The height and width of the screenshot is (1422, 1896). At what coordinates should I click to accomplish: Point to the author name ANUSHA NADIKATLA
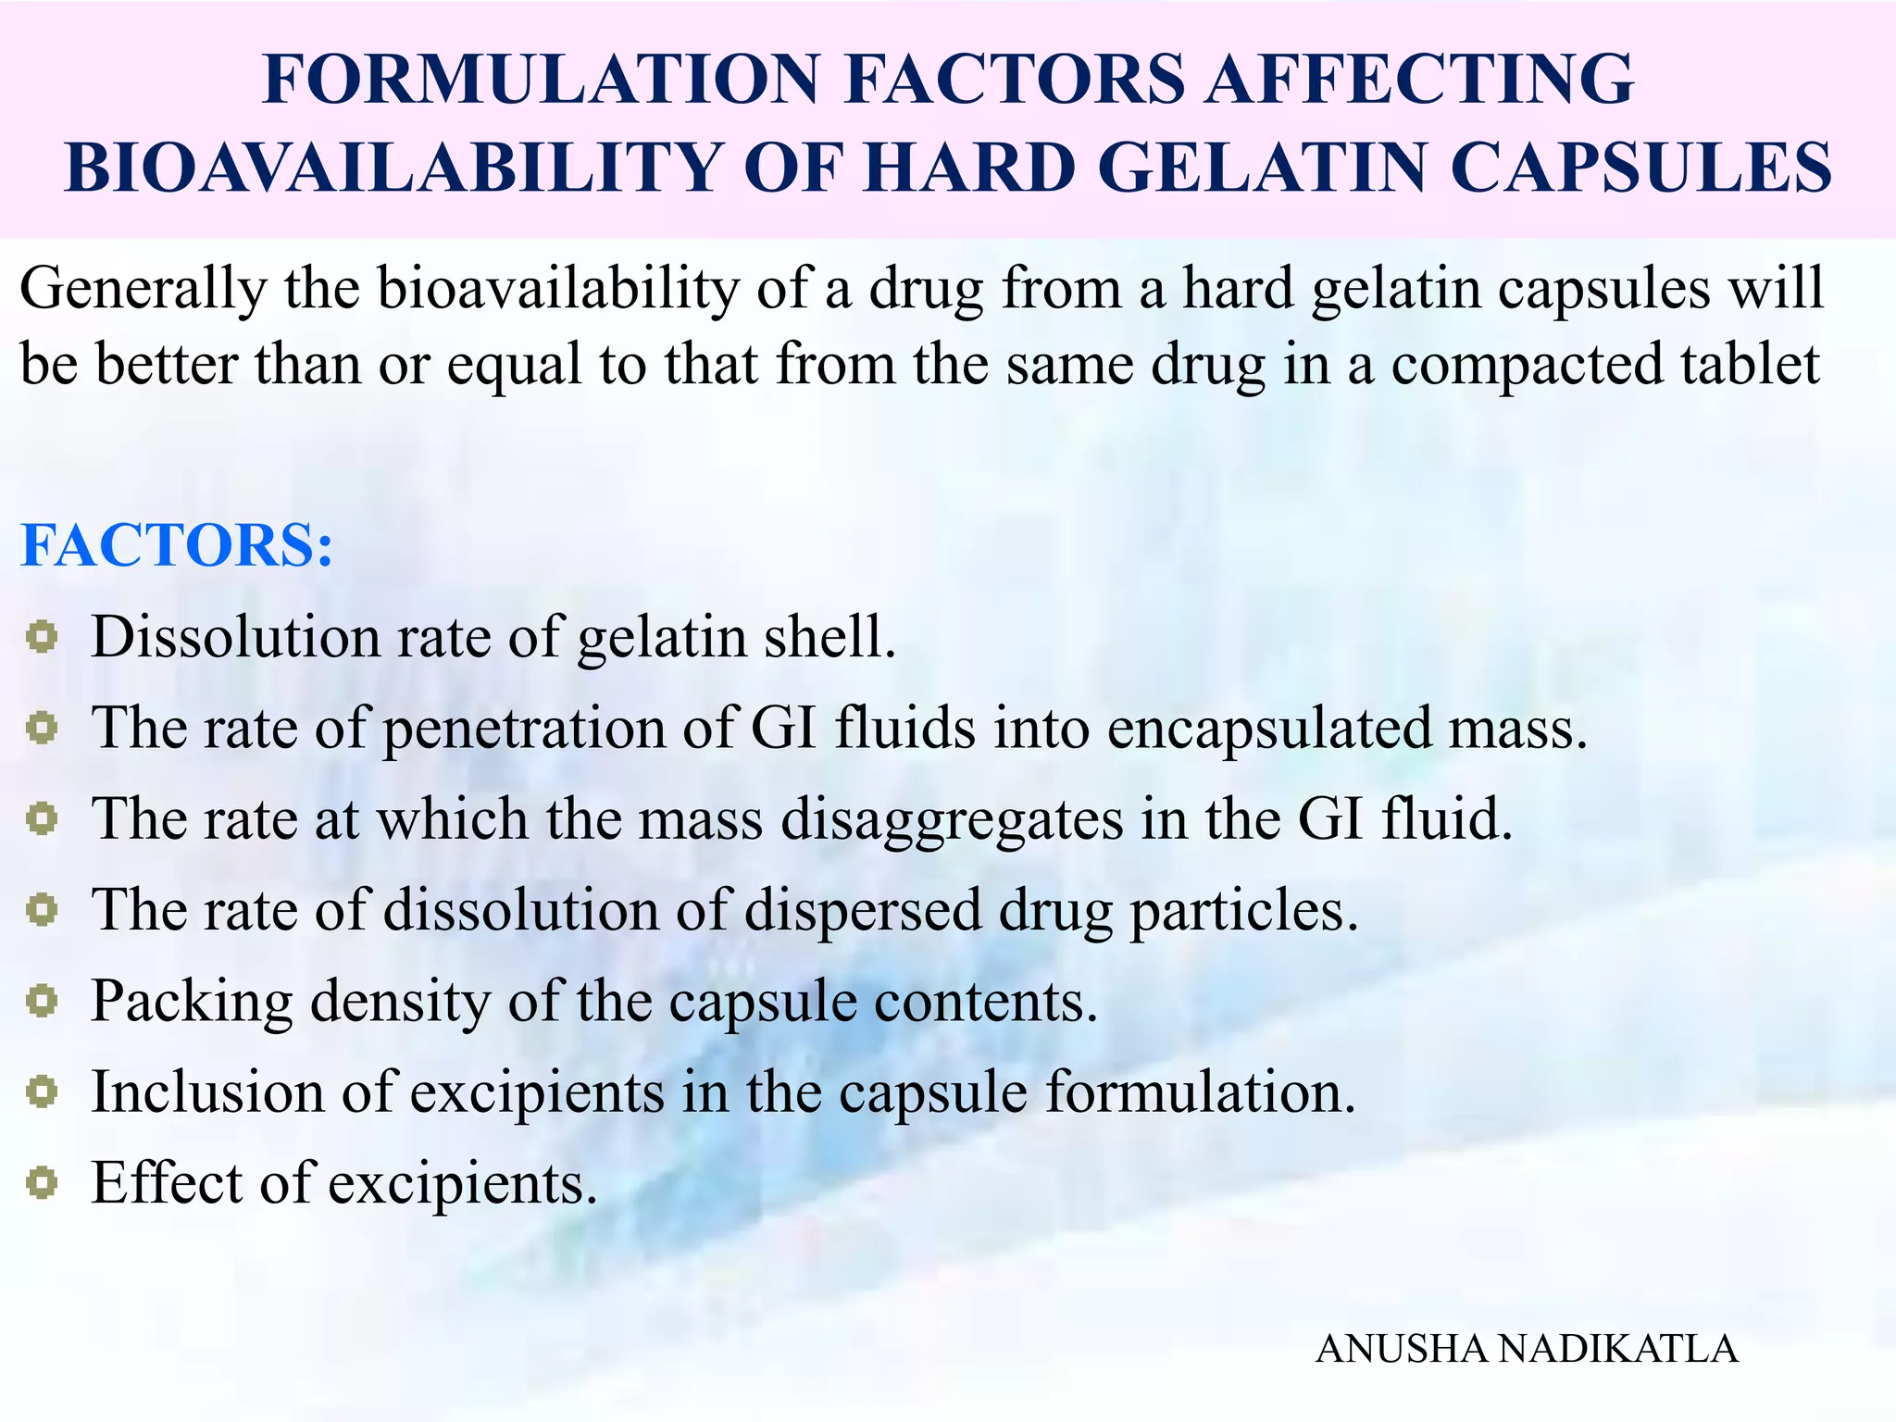(x=1527, y=1349)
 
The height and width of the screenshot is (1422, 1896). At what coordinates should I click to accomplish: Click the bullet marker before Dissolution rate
(x=42, y=637)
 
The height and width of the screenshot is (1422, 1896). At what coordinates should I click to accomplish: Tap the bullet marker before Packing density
(x=42, y=1001)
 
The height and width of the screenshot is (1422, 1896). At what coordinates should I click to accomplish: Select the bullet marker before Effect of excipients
(x=42, y=1182)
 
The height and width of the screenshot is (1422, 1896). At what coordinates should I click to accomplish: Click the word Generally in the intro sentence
(x=143, y=290)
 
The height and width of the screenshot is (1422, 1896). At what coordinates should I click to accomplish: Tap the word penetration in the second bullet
(x=524, y=729)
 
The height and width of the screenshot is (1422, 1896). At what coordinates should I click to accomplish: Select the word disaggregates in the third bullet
(x=952, y=820)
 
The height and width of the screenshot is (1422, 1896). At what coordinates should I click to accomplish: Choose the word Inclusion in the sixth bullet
(x=207, y=1091)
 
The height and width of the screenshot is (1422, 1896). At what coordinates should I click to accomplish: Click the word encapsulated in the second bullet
(x=1269, y=729)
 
